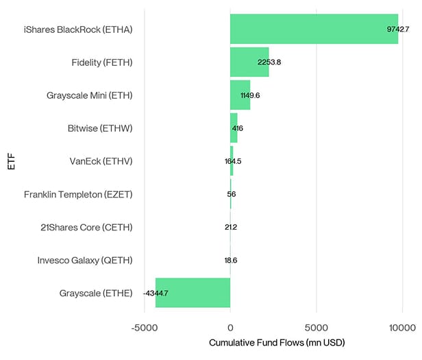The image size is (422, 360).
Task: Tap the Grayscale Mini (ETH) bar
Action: pyautogui.click(x=240, y=95)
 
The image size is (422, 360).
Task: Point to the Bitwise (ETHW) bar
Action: pyautogui.click(x=234, y=128)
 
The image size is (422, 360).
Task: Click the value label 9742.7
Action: pyautogui.click(x=398, y=29)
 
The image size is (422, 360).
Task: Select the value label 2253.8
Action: pyautogui.click(x=269, y=62)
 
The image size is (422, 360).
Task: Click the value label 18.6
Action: pyautogui.click(x=230, y=260)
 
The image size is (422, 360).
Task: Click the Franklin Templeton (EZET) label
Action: pyautogui.click(x=78, y=194)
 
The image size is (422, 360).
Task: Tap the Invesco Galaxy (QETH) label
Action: pyautogui.click(x=84, y=260)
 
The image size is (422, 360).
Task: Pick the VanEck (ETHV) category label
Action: pyautogui.click(x=101, y=161)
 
